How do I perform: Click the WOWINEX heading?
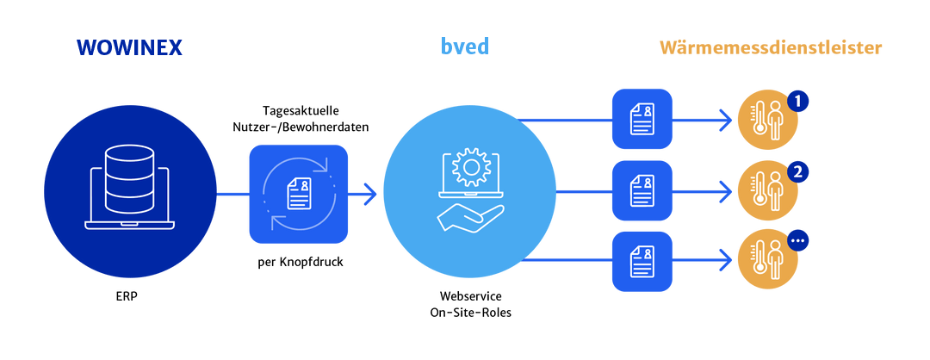128,48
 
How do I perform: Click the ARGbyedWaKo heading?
469,48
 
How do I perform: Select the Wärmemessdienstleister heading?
771,48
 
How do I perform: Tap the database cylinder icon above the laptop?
129,169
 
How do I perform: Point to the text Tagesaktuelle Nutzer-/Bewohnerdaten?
301,120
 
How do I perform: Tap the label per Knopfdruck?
299,261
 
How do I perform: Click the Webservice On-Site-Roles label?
470,304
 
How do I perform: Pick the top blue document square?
642,118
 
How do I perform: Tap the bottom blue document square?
642,259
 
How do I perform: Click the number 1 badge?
798,102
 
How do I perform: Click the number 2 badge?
798,171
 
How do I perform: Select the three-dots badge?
798,241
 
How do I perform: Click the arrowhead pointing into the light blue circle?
370,194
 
